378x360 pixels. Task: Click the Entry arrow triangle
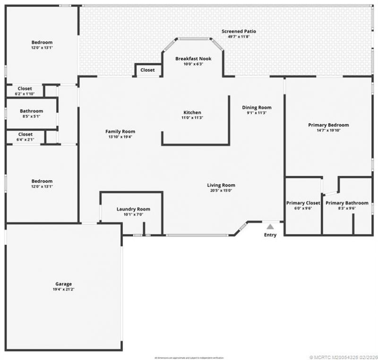point(270,227)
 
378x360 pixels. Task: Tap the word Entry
point(270,235)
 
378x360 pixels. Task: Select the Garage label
point(63,284)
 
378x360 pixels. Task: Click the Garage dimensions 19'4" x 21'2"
point(63,289)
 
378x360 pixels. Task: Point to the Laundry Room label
point(133,209)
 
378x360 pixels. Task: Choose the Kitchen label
point(192,112)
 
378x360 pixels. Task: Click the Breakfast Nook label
point(193,59)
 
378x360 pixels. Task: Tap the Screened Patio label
point(239,32)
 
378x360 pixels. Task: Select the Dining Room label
point(257,107)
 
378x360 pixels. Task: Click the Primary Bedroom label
point(328,125)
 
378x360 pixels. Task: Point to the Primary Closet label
point(303,203)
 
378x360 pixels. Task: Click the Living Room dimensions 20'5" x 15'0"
point(221,190)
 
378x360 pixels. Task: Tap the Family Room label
point(120,131)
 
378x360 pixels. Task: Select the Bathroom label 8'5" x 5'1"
point(31,111)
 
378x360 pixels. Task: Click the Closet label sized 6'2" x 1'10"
point(25,88)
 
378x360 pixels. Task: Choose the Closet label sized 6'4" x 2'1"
point(25,134)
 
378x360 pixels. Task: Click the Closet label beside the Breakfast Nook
point(147,70)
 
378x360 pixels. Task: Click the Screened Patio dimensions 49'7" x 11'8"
point(239,37)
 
